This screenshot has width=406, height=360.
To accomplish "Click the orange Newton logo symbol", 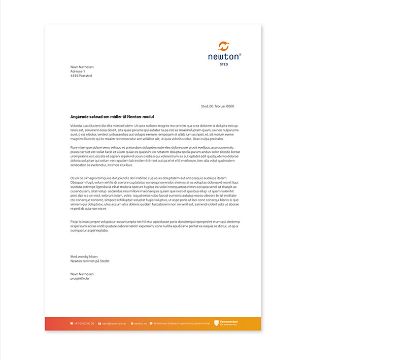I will [x=224, y=46].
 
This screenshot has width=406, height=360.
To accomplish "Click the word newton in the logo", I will [x=223, y=57].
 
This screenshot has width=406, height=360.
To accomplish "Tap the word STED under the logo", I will [x=224, y=64].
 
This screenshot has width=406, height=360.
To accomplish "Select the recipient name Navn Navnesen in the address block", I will [x=82, y=67].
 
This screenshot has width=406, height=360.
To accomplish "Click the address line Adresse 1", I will [x=78, y=72].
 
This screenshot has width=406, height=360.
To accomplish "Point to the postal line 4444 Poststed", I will [x=81, y=76].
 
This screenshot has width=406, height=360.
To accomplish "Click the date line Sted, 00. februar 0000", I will [x=217, y=106].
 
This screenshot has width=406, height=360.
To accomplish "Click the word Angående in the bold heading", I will [x=81, y=117].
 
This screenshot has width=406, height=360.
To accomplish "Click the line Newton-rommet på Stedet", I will [x=90, y=261].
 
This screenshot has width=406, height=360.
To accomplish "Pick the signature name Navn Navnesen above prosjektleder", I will [x=82, y=274].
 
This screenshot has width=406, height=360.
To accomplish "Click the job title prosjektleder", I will [x=80, y=279].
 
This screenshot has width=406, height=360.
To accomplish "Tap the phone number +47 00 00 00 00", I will [x=84, y=323].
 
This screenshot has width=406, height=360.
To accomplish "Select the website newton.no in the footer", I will [x=141, y=323].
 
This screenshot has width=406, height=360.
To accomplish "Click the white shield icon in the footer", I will [x=217, y=323].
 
